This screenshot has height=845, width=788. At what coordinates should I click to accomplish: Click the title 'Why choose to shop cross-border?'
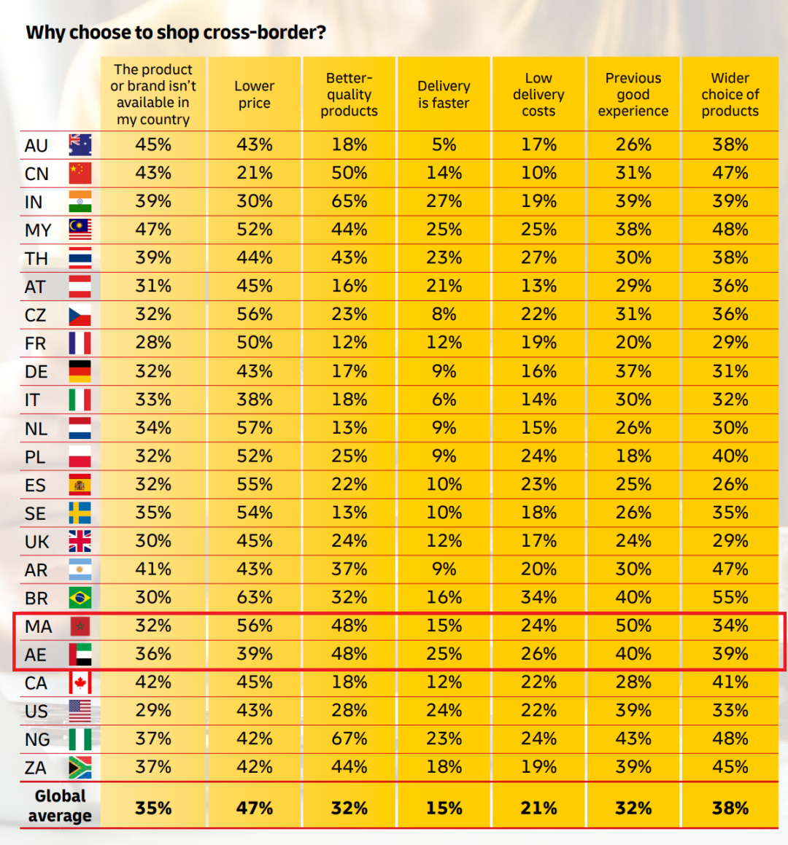[175, 33]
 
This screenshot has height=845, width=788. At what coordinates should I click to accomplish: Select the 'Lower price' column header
[254, 95]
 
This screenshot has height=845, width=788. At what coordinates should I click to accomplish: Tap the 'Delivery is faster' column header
[444, 95]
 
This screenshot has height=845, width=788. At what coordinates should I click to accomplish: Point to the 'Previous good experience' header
[633, 95]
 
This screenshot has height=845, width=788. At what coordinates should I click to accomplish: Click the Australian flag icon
[80, 145]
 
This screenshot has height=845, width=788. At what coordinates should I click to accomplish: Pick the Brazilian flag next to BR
[80, 598]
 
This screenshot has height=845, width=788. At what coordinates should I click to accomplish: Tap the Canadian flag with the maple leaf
[80, 683]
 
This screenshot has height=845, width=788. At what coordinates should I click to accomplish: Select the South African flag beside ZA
[80, 768]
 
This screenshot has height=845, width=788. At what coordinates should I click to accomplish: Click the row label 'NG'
[37, 740]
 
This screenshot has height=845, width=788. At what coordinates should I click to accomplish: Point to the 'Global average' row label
[60, 806]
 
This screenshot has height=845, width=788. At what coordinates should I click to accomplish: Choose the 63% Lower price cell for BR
[254, 598]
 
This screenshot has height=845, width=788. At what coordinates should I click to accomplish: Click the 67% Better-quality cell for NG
[349, 739]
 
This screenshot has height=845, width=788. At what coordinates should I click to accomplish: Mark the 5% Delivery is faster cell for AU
[444, 145]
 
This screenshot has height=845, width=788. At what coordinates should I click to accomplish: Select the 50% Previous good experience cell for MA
[633, 626]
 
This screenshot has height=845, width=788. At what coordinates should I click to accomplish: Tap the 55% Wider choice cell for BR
[730, 598]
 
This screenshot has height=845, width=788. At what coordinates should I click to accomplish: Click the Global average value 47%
[254, 808]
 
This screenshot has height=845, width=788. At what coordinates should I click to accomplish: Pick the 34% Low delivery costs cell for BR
[538, 598]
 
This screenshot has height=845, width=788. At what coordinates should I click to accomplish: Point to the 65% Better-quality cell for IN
[349, 201]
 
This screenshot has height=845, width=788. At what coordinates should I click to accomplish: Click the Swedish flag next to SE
[80, 513]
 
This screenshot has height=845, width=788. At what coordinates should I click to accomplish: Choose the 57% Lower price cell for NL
[254, 428]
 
